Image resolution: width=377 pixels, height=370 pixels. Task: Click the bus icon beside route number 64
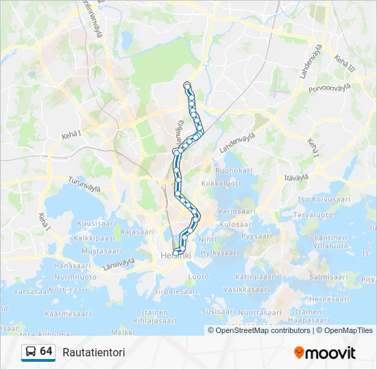click(x=30, y=352)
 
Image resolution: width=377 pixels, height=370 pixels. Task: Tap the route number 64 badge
click(x=46, y=351)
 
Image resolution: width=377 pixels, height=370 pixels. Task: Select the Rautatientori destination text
click(x=93, y=352)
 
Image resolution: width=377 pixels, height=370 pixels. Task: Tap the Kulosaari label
click(x=236, y=224)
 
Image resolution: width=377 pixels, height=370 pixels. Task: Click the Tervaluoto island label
click(x=315, y=214)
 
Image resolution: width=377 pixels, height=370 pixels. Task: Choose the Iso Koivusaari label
click(x=324, y=199)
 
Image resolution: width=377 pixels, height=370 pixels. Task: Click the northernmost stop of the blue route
click(x=187, y=85)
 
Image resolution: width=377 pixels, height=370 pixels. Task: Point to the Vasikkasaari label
click(x=245, y=290)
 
